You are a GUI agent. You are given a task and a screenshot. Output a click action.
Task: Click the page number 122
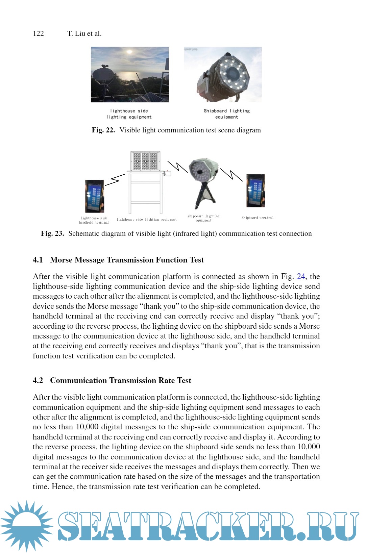[x=39, y=33]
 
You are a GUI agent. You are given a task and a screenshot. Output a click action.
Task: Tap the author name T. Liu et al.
[x=84, y=33]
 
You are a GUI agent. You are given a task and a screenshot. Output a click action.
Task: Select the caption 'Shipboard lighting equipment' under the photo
[x=226, y=114]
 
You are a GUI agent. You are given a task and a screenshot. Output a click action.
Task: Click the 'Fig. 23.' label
[x=52, y=234]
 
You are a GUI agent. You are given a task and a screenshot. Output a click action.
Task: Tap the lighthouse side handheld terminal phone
[x=94, y=196]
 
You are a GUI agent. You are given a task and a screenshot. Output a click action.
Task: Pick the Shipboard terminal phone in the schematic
[x=256, y=191]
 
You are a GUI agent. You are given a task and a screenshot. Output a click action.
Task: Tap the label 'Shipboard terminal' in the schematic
[x=258, y=218]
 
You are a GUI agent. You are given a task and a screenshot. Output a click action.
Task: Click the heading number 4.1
[x=38, y=260]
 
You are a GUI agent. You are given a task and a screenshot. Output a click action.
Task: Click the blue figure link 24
[x=301, y=277]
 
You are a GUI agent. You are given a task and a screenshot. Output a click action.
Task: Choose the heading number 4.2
[x=38, y=381]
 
